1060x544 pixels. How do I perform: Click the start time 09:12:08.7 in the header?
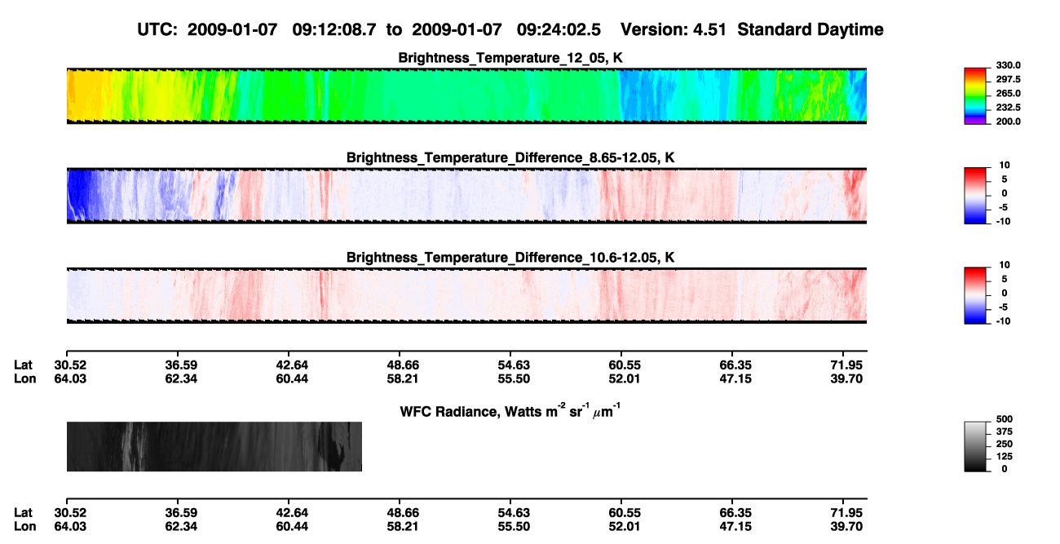(x=334, y=29)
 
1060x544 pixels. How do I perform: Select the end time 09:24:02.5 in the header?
(x=559, y=29)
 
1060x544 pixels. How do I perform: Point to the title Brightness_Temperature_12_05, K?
(x=510, y=58)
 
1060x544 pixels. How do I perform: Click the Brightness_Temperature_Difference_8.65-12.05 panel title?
(x=510, y=157)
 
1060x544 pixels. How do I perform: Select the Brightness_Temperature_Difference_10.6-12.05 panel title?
(x=510, y=258)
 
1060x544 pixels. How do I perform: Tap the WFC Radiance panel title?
(x=510, y=411)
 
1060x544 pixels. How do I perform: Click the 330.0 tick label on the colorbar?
(x=1008, y=65)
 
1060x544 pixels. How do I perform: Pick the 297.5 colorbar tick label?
(x=1008, y=79)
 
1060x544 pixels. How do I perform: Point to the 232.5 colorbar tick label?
(x=1008, y=108)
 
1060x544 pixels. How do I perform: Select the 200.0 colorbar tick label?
(x=1008, y=122)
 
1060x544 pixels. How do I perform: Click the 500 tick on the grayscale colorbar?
(x=1005, y=419)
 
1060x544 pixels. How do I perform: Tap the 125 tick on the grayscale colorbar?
(x=1005, y=457)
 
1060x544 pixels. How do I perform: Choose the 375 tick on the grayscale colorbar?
(x=1005, y=431)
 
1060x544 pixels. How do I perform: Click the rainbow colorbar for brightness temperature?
(x=975, y=96)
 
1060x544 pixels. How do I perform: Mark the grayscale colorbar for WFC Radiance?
(x=975, y=446)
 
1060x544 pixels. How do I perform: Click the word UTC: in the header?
(x=157, y=29)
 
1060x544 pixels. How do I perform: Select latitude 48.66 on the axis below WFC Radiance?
(x=403, y=513)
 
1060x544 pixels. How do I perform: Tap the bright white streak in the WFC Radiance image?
(x=128, y=446)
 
